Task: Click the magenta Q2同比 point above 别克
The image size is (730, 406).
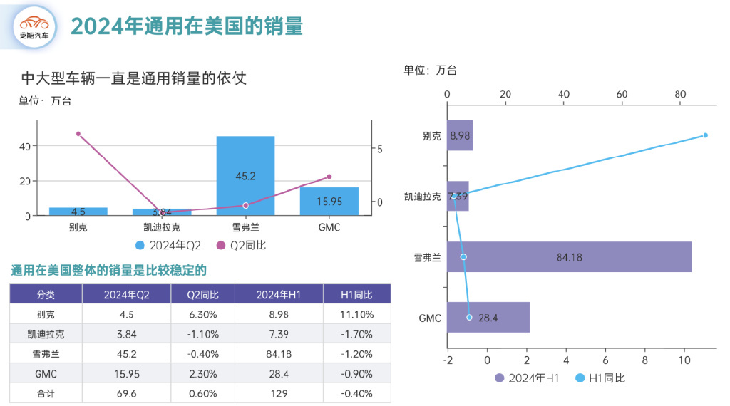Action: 78,134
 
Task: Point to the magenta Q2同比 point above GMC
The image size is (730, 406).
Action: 329,177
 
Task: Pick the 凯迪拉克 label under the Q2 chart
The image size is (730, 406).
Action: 162,228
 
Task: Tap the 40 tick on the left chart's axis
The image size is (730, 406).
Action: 24,147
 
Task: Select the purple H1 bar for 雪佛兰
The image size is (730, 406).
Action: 569,256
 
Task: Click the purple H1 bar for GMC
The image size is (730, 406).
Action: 488,317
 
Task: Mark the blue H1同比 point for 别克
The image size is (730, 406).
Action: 705,135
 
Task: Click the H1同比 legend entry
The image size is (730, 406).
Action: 600,378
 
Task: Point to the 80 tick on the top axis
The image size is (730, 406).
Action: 680,95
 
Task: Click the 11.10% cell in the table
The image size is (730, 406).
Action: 356,314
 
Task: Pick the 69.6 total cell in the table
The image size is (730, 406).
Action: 126,393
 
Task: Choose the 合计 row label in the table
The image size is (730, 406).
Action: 46,393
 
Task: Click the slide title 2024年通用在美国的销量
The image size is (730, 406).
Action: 187,26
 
